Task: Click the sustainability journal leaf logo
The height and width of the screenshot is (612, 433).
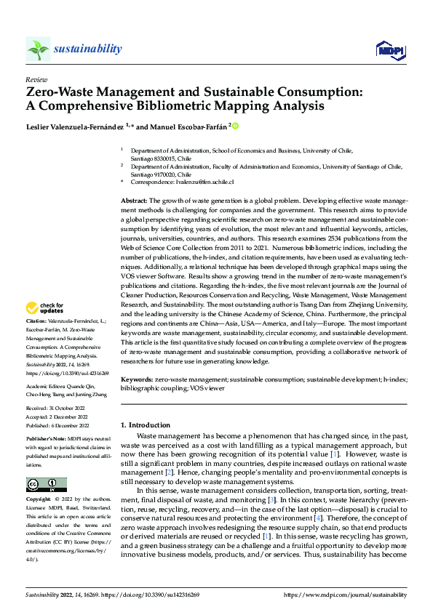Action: coord(38,49)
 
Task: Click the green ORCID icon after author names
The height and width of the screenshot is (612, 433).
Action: coord(236,126)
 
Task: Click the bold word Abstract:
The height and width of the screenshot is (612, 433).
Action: coord(135,199)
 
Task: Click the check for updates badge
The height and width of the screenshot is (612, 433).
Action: coord(46,329)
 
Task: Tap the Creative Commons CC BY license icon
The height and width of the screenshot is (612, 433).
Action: coord(46,485)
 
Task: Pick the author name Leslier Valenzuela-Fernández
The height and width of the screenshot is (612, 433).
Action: coord(77,126)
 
